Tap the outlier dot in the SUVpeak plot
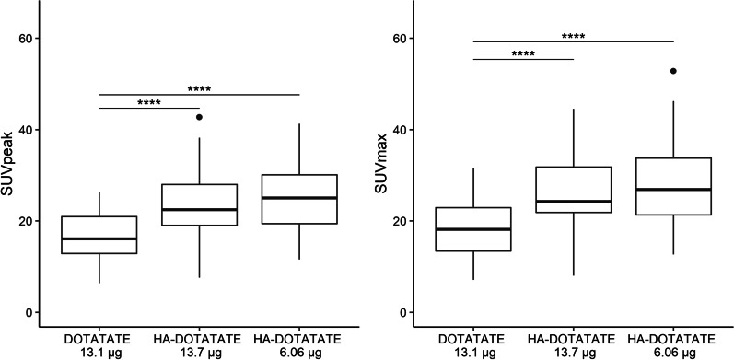coord(199,117)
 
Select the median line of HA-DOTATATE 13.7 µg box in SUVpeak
coord(199,209)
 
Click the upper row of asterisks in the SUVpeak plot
coord(200,89)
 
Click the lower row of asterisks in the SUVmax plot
coord(524,54)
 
